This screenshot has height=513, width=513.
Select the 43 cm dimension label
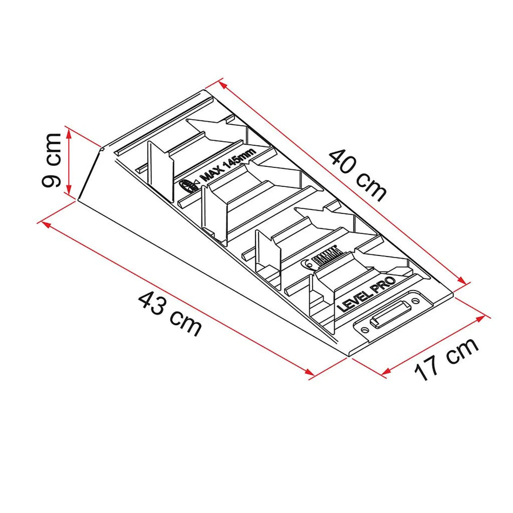[x=170, y=313]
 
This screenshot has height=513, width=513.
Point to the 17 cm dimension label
[x=447, y=358]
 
